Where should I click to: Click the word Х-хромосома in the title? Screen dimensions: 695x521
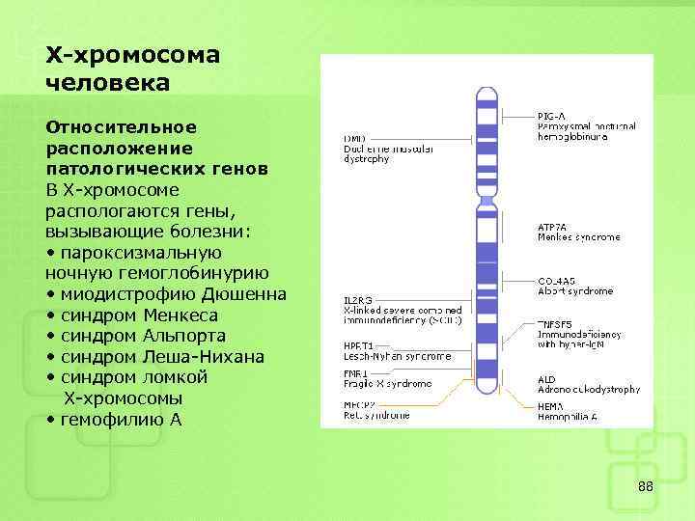click(x=132, y=54)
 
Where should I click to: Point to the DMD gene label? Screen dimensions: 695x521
click(x=354, y=139)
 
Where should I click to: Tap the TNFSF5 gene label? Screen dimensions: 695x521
click(x=557, y=324)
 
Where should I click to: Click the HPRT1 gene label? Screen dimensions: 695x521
click(x=359, y=345)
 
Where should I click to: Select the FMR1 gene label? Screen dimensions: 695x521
click(x=356, y=372)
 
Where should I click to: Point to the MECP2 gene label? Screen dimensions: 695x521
click(x=359, y=406)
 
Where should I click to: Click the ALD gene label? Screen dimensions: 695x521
click(x=546, y=379)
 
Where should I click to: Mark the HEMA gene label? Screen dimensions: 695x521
click(x=551, y=406)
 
